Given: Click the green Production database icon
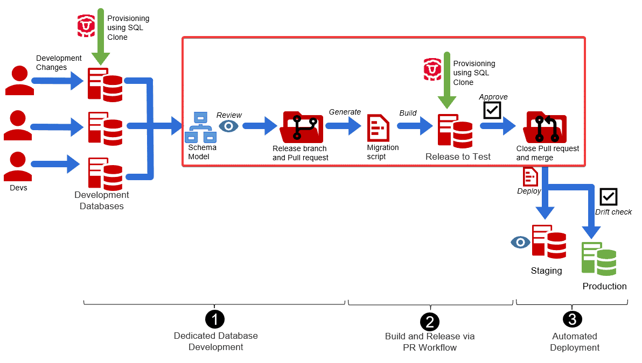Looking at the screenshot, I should point(598,259).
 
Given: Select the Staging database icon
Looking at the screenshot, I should point(549,240).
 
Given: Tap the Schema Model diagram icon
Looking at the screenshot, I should point(200,127).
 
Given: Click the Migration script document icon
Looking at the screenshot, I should point(378,128).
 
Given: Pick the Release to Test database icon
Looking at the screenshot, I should point(455,130).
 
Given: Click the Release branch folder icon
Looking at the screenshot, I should point(302,127).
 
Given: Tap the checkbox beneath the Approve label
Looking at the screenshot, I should point(492,110).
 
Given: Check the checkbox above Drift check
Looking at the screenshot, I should point(608,197).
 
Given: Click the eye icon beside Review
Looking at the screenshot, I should point(229,126).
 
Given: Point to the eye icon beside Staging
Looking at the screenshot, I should point(520,243).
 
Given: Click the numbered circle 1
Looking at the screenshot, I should point(215,319).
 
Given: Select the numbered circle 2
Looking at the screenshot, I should point(429,322).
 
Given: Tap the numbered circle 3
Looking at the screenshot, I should point(572,319).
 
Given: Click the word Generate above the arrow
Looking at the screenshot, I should point(345,112).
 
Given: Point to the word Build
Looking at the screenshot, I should point(408,113).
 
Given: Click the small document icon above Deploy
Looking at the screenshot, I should point(530,176).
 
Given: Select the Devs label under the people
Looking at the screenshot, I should point(18,188).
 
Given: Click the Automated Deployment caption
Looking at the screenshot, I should point(575,341).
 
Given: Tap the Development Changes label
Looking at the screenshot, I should point(59,62).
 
